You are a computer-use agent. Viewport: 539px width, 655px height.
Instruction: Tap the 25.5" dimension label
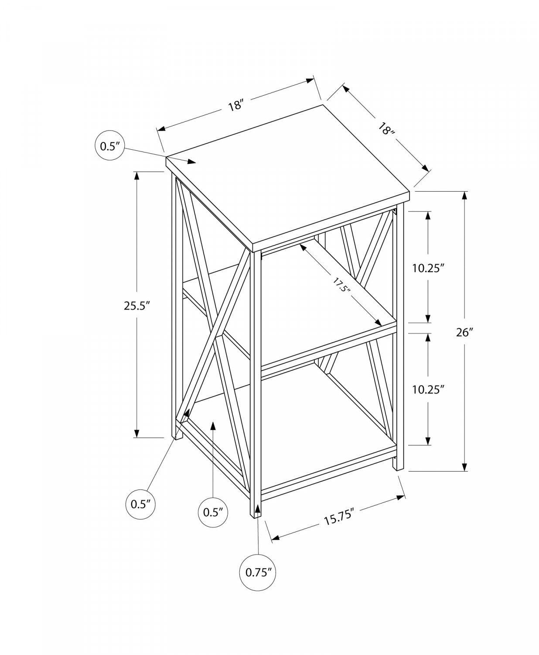tap(137, 305)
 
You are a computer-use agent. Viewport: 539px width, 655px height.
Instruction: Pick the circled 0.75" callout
tap(259, 572)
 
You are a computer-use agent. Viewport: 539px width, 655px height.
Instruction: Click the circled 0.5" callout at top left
tap(109, 146)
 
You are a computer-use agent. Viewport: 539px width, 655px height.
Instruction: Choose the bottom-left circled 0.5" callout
tap(140, 504)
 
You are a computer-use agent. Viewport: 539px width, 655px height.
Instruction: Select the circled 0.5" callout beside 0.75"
tap(213, 512)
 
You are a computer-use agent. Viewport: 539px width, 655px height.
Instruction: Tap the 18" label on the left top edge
tap(235, 105)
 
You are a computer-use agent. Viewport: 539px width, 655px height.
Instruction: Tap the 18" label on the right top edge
tap(385, 129)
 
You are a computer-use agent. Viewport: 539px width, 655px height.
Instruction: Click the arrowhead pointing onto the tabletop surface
tap(192, 162)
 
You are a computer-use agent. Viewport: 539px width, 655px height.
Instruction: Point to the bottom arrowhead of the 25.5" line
tap(137, 433)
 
